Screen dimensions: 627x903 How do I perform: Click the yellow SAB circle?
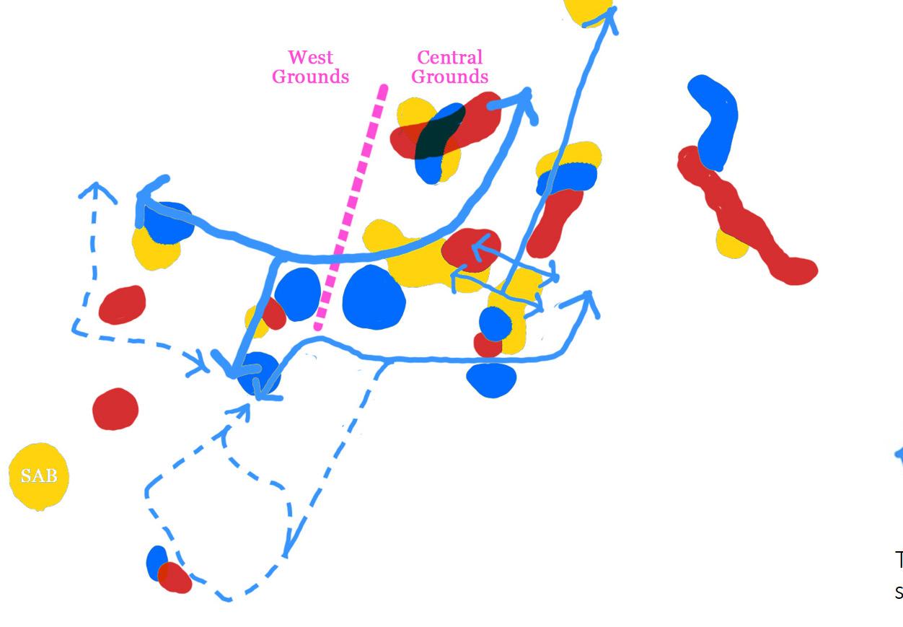[38, 476]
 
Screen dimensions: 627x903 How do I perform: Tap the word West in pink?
[311, 57]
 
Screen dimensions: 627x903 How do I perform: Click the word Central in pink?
[449, 57]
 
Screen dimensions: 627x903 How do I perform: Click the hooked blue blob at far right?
[715, 119]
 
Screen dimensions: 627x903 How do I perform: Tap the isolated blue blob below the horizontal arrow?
[492, 380]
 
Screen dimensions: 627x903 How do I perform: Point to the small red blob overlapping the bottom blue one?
[175, 577]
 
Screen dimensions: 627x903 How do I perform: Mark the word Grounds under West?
[310, 76]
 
